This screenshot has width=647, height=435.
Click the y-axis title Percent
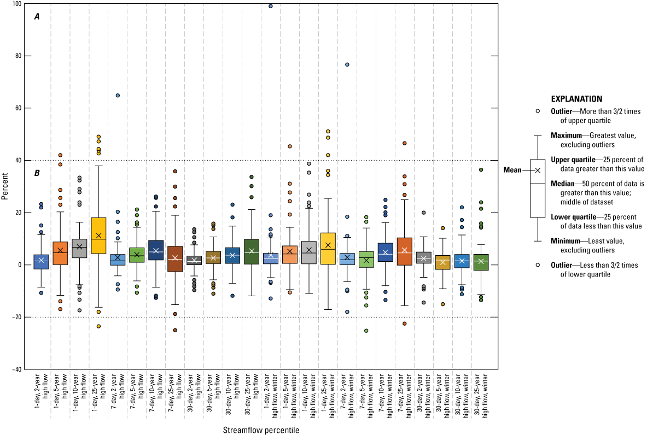click(4, 186)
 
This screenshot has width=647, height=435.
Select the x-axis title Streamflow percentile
click(261, 430)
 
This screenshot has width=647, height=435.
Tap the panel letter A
click(37, 17)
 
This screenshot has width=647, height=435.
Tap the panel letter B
click(37, 173)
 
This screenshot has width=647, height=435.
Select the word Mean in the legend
click(512, 170)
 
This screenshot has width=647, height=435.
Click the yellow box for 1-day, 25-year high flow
click(99, 235)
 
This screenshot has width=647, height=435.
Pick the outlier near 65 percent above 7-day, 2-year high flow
click(118, 96)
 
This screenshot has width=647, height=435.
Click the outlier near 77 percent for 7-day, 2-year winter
click(347, 64)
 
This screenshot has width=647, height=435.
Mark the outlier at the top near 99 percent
click(271, 6)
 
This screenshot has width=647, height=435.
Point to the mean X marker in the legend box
click(538, 170)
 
